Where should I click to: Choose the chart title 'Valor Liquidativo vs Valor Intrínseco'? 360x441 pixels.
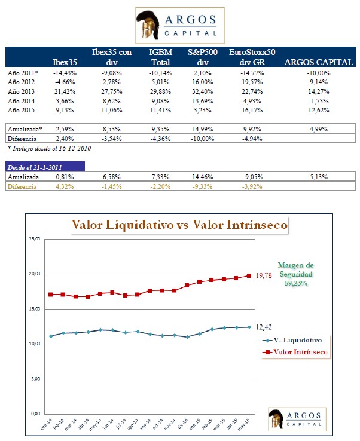coord(179,225)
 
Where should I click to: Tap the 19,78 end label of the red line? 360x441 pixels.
coord(265,275)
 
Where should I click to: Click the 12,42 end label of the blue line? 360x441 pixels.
coord(264,327)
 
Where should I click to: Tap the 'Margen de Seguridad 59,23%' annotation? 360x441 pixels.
coord(297,274)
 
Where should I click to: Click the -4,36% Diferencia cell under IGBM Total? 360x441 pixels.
coord(162,139)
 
